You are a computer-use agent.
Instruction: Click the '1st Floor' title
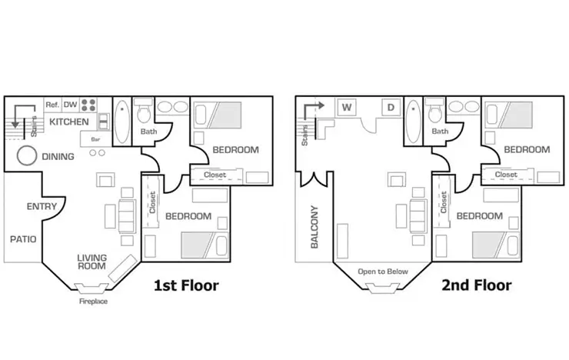[x=186, y=285]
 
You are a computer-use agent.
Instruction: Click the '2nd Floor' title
[x=476, y=285]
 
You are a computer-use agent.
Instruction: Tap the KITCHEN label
[x=69, y=122]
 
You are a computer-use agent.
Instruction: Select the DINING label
[x=58, y=157]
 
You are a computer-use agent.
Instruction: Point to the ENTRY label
[x=42, y=206]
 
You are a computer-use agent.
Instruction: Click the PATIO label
[x=23, y=239]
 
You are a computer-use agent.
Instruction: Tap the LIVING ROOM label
[x=92, y=262]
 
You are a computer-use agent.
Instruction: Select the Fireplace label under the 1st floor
[x=93, y=302]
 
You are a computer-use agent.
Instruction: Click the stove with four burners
[x=89, y=105]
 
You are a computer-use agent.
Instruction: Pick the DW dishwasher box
[x=70, y=105]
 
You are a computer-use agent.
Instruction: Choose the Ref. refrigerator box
[x=52, y=105]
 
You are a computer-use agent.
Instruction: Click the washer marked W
[x=347, y=107]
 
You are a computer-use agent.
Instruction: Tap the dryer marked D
[x=391, y=107]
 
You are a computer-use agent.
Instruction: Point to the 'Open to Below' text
[x=382, y=272]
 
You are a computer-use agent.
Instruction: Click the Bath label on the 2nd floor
[x=440, y=132]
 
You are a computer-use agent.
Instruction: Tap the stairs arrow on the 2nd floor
[x=310, y=110]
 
